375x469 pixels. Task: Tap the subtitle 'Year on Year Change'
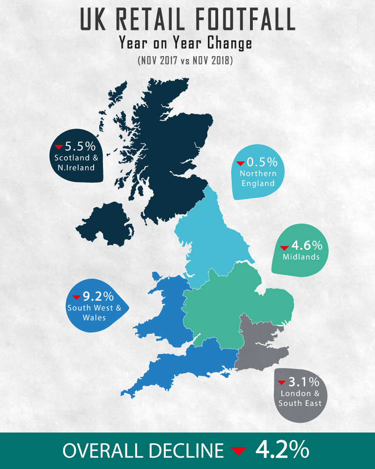click(x=185, y=43)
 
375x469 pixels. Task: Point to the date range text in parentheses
click(x=185, y=61)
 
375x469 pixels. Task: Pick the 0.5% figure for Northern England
click(x=262, y=162)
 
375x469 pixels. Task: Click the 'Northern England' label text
click(x=258, y=178)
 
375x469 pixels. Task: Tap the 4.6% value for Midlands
click(x=307, y=245)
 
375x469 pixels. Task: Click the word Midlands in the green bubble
click(x=301, y=257)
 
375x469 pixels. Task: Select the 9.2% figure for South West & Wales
click(x=99, y=296)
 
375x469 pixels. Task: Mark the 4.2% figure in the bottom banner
click(x=282, y=450)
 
